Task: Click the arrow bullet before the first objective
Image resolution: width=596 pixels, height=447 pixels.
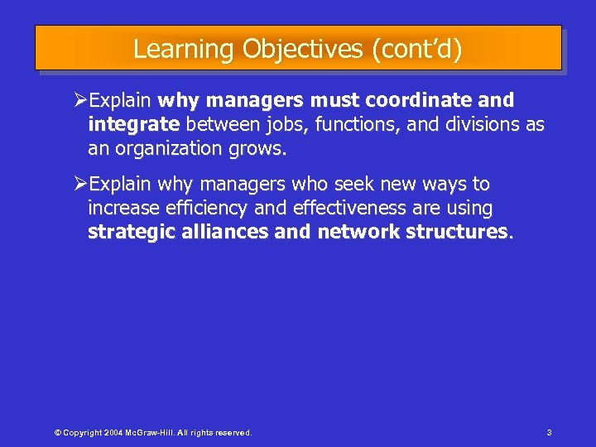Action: click(x=81, y=101)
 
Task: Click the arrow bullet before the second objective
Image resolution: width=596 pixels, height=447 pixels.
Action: click(x=81, y=184)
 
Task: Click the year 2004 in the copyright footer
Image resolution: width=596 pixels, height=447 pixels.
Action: click(x=117, y=433)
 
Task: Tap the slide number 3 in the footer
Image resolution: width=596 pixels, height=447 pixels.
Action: click(x=549, y=433)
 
